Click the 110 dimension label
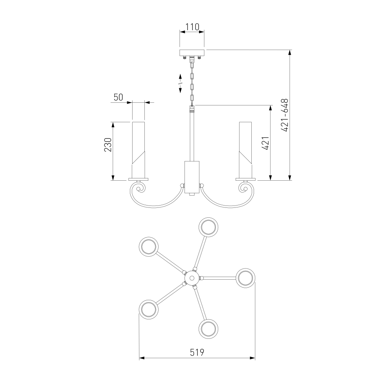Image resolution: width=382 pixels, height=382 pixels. tap(192, 27)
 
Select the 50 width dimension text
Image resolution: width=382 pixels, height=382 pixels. tap(118, 97)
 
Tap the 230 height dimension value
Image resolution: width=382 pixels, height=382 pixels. tap(108, 145)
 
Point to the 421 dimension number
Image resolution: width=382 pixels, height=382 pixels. tap(265, 143)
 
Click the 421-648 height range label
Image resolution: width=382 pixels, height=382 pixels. tap(285, 115)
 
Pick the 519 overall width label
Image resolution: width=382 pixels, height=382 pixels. tap(197, 352)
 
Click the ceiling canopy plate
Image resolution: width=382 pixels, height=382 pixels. tap(192, 53)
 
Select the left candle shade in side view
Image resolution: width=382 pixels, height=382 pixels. tap(138, 150)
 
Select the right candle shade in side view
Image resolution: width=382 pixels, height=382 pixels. tap(246, 150)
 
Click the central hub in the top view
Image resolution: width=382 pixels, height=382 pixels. tap(192, 278)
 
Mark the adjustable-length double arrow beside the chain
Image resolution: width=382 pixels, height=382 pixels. tap(180, 84)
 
